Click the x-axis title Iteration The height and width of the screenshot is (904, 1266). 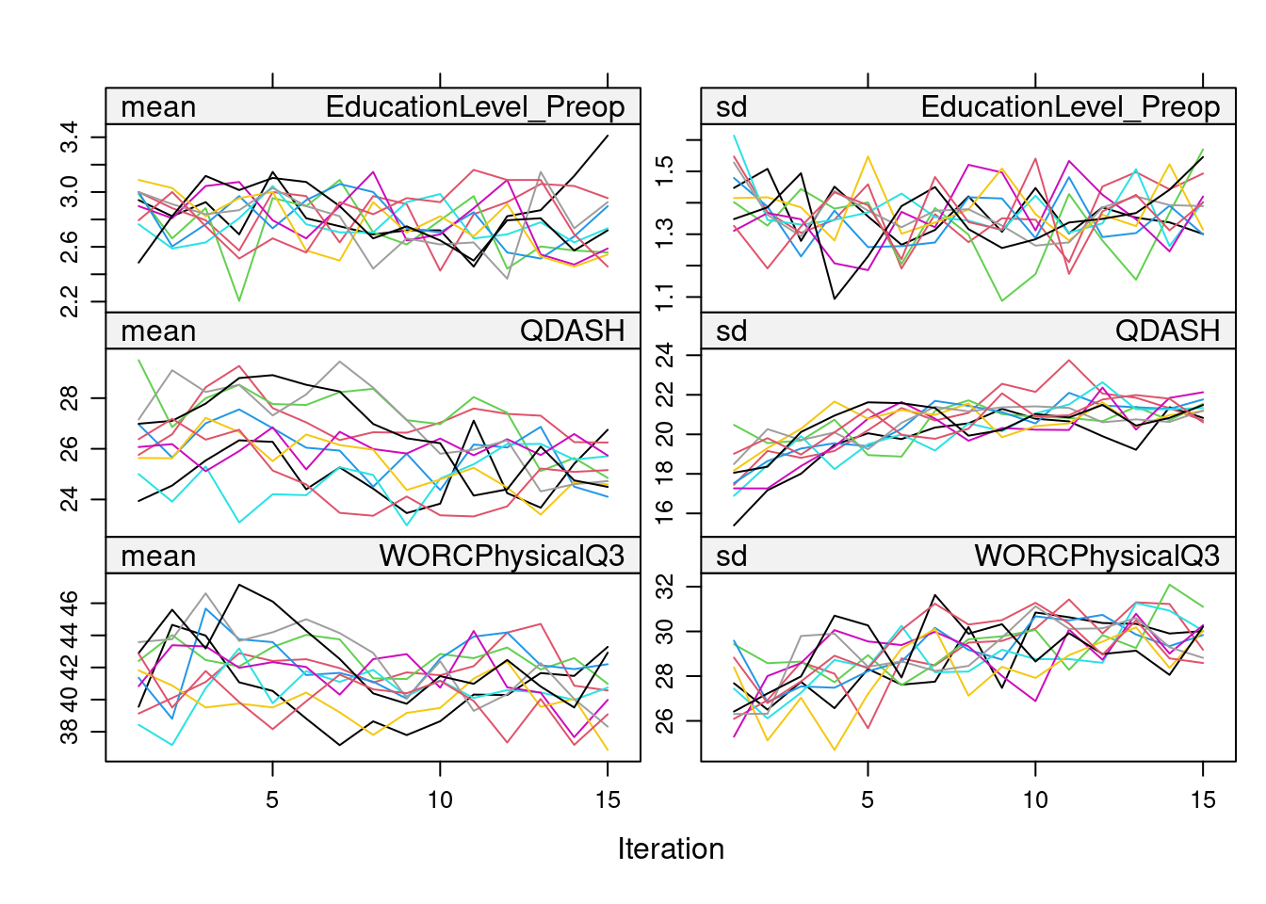coord(671,848)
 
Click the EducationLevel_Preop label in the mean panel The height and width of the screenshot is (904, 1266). coord(475,107)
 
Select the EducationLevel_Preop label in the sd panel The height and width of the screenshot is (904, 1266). coord(1070,107)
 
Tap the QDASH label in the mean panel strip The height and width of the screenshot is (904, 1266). coord(572,331)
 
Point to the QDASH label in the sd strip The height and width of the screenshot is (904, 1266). coord(1167,331)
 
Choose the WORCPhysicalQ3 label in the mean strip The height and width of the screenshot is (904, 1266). coord(501,557)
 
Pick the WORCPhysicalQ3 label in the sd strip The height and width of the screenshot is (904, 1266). coord(1096,557)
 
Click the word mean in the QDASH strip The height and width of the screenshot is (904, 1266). coord(158,331)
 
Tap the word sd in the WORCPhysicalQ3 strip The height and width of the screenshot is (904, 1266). coord(731,557)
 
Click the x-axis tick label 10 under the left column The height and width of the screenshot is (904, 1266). coord(440,800)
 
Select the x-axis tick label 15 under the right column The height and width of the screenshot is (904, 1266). coord(1203,800)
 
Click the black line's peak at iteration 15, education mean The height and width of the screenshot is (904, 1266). coord(608,136)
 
